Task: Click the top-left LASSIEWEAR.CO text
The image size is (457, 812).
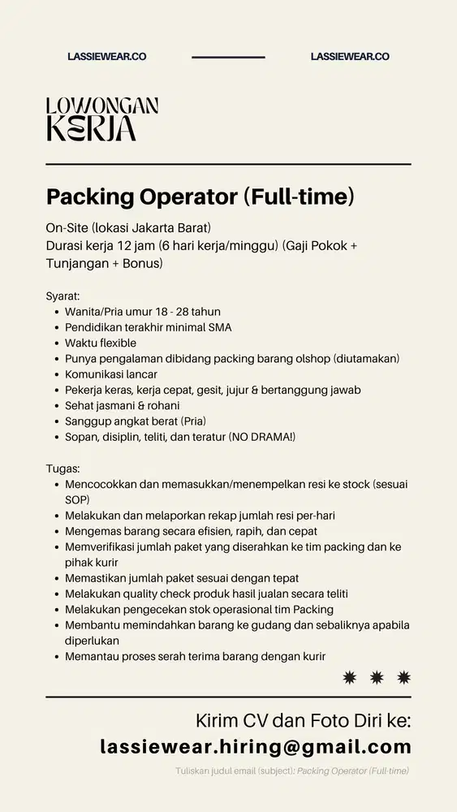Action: (106, 57)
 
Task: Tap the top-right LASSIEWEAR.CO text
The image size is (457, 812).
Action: (350, 57)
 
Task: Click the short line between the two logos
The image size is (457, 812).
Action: (228, 58)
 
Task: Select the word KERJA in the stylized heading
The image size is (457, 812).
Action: (91, 128)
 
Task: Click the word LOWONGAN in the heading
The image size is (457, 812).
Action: (102, 106)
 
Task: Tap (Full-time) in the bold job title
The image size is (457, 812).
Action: (299, 197)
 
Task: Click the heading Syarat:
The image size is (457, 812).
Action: (63, 296)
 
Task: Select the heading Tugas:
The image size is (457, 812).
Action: (63, 469)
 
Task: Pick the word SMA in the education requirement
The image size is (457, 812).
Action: (220, 327)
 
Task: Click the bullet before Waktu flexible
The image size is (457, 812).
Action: (54, 343)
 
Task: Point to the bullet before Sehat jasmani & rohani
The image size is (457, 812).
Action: (54, 406)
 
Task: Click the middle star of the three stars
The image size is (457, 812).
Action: (376, 676)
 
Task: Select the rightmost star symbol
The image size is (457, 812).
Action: (403, 676)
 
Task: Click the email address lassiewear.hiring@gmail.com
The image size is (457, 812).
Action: (256, 747)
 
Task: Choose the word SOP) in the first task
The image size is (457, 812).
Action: (78, 499)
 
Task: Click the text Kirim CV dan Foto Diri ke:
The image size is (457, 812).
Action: (304, 721)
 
